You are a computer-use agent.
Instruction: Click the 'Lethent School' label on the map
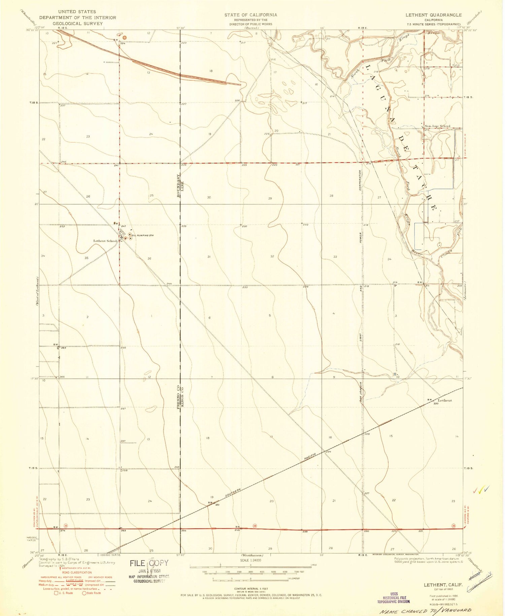(105, 241)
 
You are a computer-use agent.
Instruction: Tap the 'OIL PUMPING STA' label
(143, 235)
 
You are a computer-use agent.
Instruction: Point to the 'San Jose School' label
(437, 126)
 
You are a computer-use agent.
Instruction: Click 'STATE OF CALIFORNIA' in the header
(251, 15)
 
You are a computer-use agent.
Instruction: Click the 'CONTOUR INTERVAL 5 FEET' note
(250, 588)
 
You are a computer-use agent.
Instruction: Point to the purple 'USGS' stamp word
(394, 594)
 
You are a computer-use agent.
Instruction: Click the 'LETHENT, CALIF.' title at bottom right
(443, 585)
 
